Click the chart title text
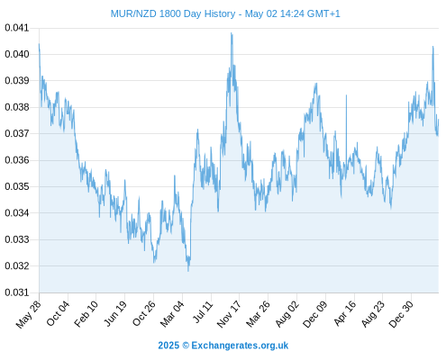(225, 13)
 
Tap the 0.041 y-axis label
(17, 28)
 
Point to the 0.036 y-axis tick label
(17, 160)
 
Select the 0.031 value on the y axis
(17, 292)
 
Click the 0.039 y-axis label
(17, 81)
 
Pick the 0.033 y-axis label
(17, 239)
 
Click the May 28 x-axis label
(29, 314)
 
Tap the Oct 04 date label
(58, 313)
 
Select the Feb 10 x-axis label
(86, 313)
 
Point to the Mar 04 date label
(172, 313)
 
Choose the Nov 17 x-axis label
(229, 314)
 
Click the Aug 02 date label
(287, 313)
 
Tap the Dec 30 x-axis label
(401, 314)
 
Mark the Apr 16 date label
(345, 313)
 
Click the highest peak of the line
(232, 33)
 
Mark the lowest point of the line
(188, 271)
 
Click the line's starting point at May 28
(39, 44)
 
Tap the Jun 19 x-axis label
(115, 313)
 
